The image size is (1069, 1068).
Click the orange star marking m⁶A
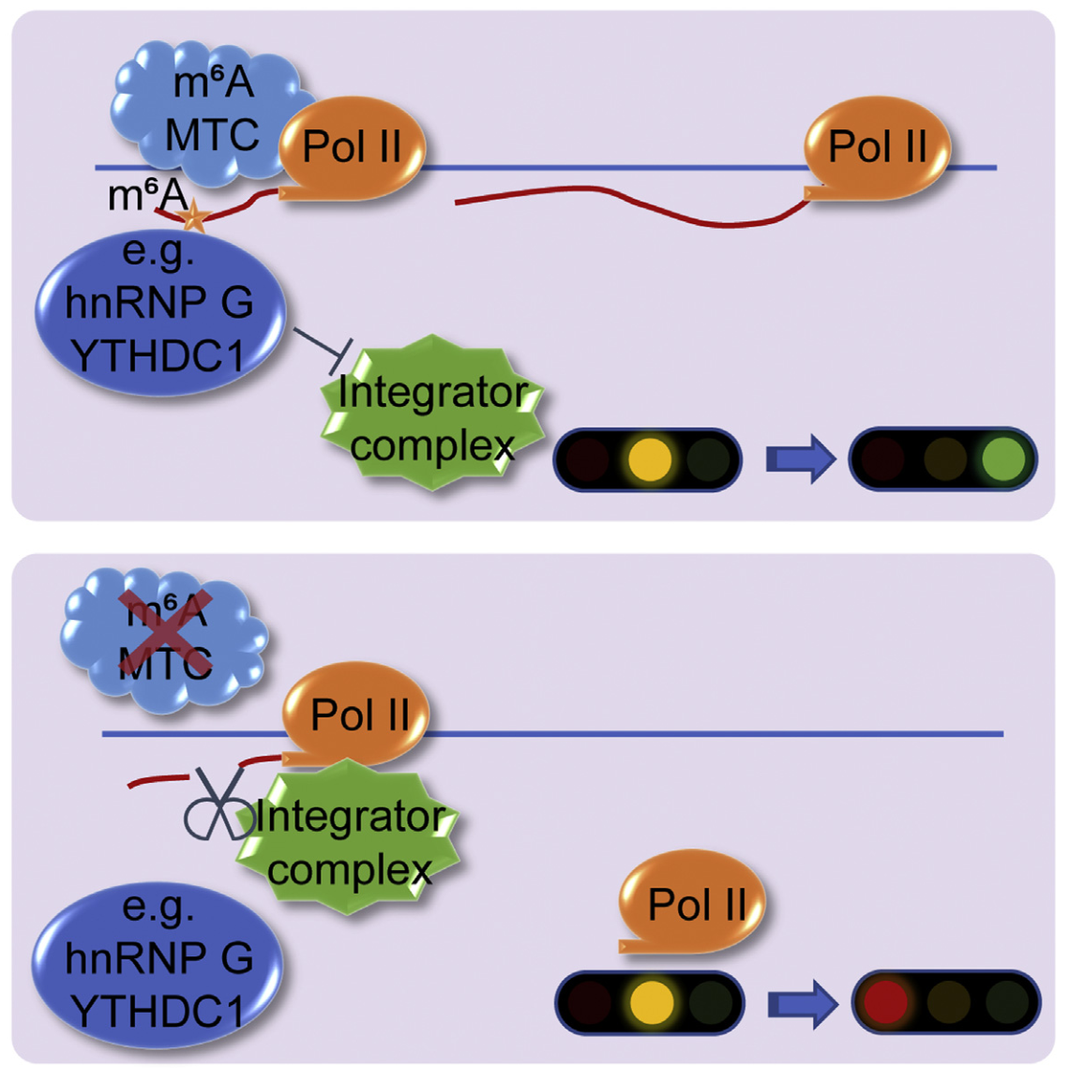194,218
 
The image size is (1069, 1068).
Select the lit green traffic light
1003,459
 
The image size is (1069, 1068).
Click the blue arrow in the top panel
800,459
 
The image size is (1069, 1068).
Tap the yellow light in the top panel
650,459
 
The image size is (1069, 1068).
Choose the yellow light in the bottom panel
651,1001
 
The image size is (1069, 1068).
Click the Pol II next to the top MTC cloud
353,148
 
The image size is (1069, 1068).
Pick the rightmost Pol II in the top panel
878,148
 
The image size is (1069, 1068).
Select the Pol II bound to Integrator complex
358,715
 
